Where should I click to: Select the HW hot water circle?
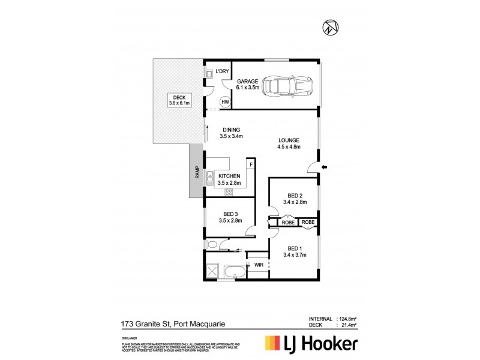pos(225,102)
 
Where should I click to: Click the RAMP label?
pos(196,172)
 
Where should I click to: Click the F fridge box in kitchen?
pos(251,164)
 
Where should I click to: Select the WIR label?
pos(259,264)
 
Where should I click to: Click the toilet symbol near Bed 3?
pos(211,244)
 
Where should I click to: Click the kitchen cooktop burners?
pos(229,192)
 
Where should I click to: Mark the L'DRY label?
pos(223,71)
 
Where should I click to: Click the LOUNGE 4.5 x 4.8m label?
pos(288,143)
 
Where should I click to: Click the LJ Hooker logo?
pos(311,343)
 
